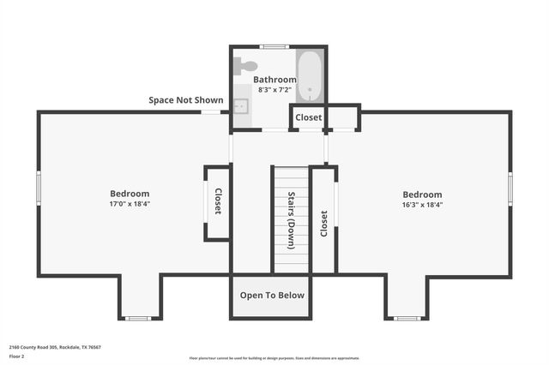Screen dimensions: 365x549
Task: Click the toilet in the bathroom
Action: click(x=247, y=65)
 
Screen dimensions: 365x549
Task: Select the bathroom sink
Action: click(x=241, y=106)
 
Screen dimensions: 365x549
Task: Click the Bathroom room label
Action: click(x=274, y=80)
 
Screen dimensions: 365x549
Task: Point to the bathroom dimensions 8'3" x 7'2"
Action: click(x=274, y=89)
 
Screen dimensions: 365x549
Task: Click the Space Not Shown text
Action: click(x=185, y=100)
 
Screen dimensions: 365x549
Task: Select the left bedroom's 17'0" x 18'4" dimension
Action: click(x=130, y=205)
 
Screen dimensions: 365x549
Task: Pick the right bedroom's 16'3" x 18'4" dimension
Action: click(x=422, y=205)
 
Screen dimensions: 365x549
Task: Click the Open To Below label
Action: click(x=272, y=296)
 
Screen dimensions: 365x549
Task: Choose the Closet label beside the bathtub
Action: click(x=309, y=117)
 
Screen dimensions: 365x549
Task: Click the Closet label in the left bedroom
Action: click(x=218, y=201)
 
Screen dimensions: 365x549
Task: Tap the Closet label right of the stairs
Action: click(x=323, y=224)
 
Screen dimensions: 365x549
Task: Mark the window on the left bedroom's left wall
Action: click(x=38, y=186)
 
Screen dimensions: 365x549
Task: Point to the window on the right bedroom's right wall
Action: click(x=510, y=186)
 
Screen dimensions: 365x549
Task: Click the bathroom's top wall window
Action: click(x=274, y=46)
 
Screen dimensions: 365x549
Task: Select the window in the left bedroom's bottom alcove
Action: click(x=138, y=319)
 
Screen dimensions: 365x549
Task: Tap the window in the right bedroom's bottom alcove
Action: click(x=407, y=319)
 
